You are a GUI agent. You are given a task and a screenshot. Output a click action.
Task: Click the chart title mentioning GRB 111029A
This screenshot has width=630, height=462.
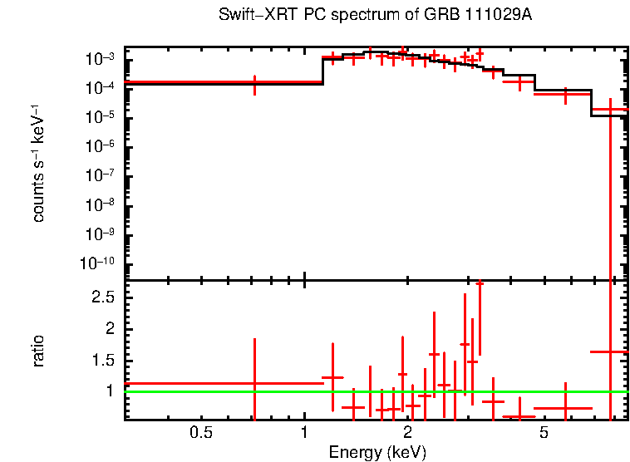point(375,16)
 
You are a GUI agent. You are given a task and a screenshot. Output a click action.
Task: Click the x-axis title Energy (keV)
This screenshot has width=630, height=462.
point(377,452)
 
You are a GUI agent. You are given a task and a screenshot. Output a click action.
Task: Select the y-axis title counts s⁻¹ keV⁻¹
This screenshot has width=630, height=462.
point(38,165)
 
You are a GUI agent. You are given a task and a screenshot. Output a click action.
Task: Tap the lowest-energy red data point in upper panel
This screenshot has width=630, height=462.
point(254,82)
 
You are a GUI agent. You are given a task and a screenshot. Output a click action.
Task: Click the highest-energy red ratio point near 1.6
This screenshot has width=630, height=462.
point(611,351)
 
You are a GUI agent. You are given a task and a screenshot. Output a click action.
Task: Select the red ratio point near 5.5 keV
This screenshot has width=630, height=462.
point(565,408)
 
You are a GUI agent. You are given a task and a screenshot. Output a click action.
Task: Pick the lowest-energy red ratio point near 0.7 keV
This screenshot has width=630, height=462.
point(254,383)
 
